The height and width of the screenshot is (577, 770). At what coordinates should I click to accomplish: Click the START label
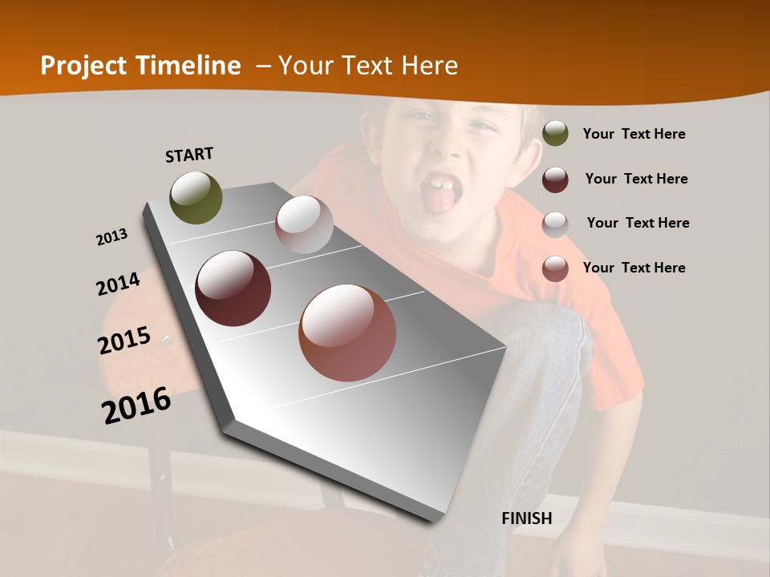click(x=189, y=154)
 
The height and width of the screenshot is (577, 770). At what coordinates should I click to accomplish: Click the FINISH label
click(x=527, y=518)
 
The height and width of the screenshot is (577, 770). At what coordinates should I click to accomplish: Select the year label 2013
click(x=111, y=237)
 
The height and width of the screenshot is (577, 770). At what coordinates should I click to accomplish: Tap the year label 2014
click(x=118, y=284)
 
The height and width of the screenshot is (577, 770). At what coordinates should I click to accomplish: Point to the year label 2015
click(x=124, y=341)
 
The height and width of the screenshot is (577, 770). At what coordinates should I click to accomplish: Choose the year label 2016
click(x=136, y=405)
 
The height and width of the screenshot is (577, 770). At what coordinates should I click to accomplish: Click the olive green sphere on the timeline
click(x=197, y=197)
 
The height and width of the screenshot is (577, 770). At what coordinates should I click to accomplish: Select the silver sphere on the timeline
click(x=304, y=224)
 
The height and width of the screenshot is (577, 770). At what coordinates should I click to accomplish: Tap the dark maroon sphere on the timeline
click(x=233, y=288)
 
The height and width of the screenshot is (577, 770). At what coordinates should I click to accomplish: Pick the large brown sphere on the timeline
click(x=347, y=333)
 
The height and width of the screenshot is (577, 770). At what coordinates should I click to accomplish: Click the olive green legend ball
click(x=555, y=134)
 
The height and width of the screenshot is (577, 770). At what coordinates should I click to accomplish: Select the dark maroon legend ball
click(x=555, y=179)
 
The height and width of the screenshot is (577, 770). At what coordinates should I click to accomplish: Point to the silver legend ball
click(x=555, y=224)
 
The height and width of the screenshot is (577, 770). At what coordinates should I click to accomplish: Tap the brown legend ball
click(x=555, y=268)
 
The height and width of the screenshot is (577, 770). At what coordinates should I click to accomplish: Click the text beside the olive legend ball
click(x=634, y=134)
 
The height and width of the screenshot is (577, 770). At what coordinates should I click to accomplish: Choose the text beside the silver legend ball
click(x=638, y=223)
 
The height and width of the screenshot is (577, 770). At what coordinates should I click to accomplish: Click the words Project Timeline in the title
click(x=140, y=66)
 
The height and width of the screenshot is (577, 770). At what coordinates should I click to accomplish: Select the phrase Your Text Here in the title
click(x=367, y=66)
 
